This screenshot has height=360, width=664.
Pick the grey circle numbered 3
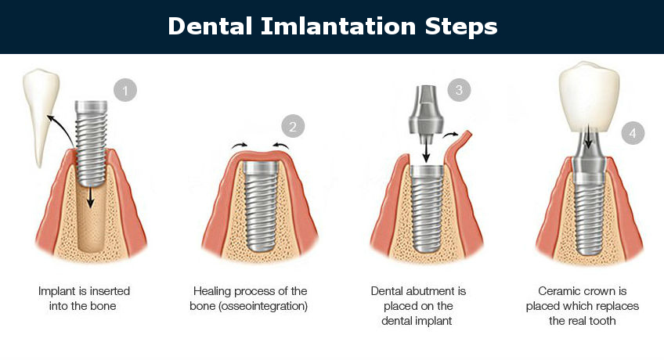pyautogui.click(x=460, y=90)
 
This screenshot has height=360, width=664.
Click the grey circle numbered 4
pyautogui.click(x=633, y=132)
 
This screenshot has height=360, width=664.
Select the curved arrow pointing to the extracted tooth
pyautogui.click(x=59, y=125)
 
